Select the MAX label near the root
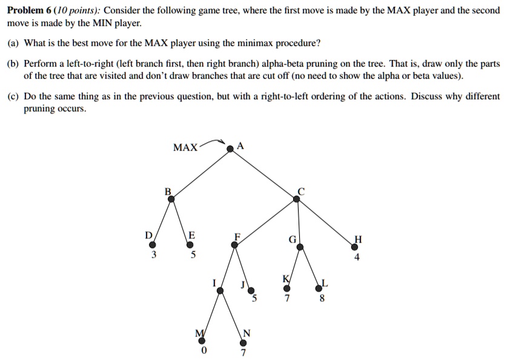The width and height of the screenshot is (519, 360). click(185, 148)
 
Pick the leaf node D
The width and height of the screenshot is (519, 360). click(153, 245)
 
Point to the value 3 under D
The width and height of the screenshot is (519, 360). click(153, 255)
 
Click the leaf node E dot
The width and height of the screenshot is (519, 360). click(190, 245)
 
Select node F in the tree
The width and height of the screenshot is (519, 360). click(234, 245)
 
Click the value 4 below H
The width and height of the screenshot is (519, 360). click(357, 257)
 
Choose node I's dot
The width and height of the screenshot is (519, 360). click(220, 291)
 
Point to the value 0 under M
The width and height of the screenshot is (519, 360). click(203, 350)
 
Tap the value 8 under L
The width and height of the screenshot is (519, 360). click(322, 298)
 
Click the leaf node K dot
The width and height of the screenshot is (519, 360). click(286, 287)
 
